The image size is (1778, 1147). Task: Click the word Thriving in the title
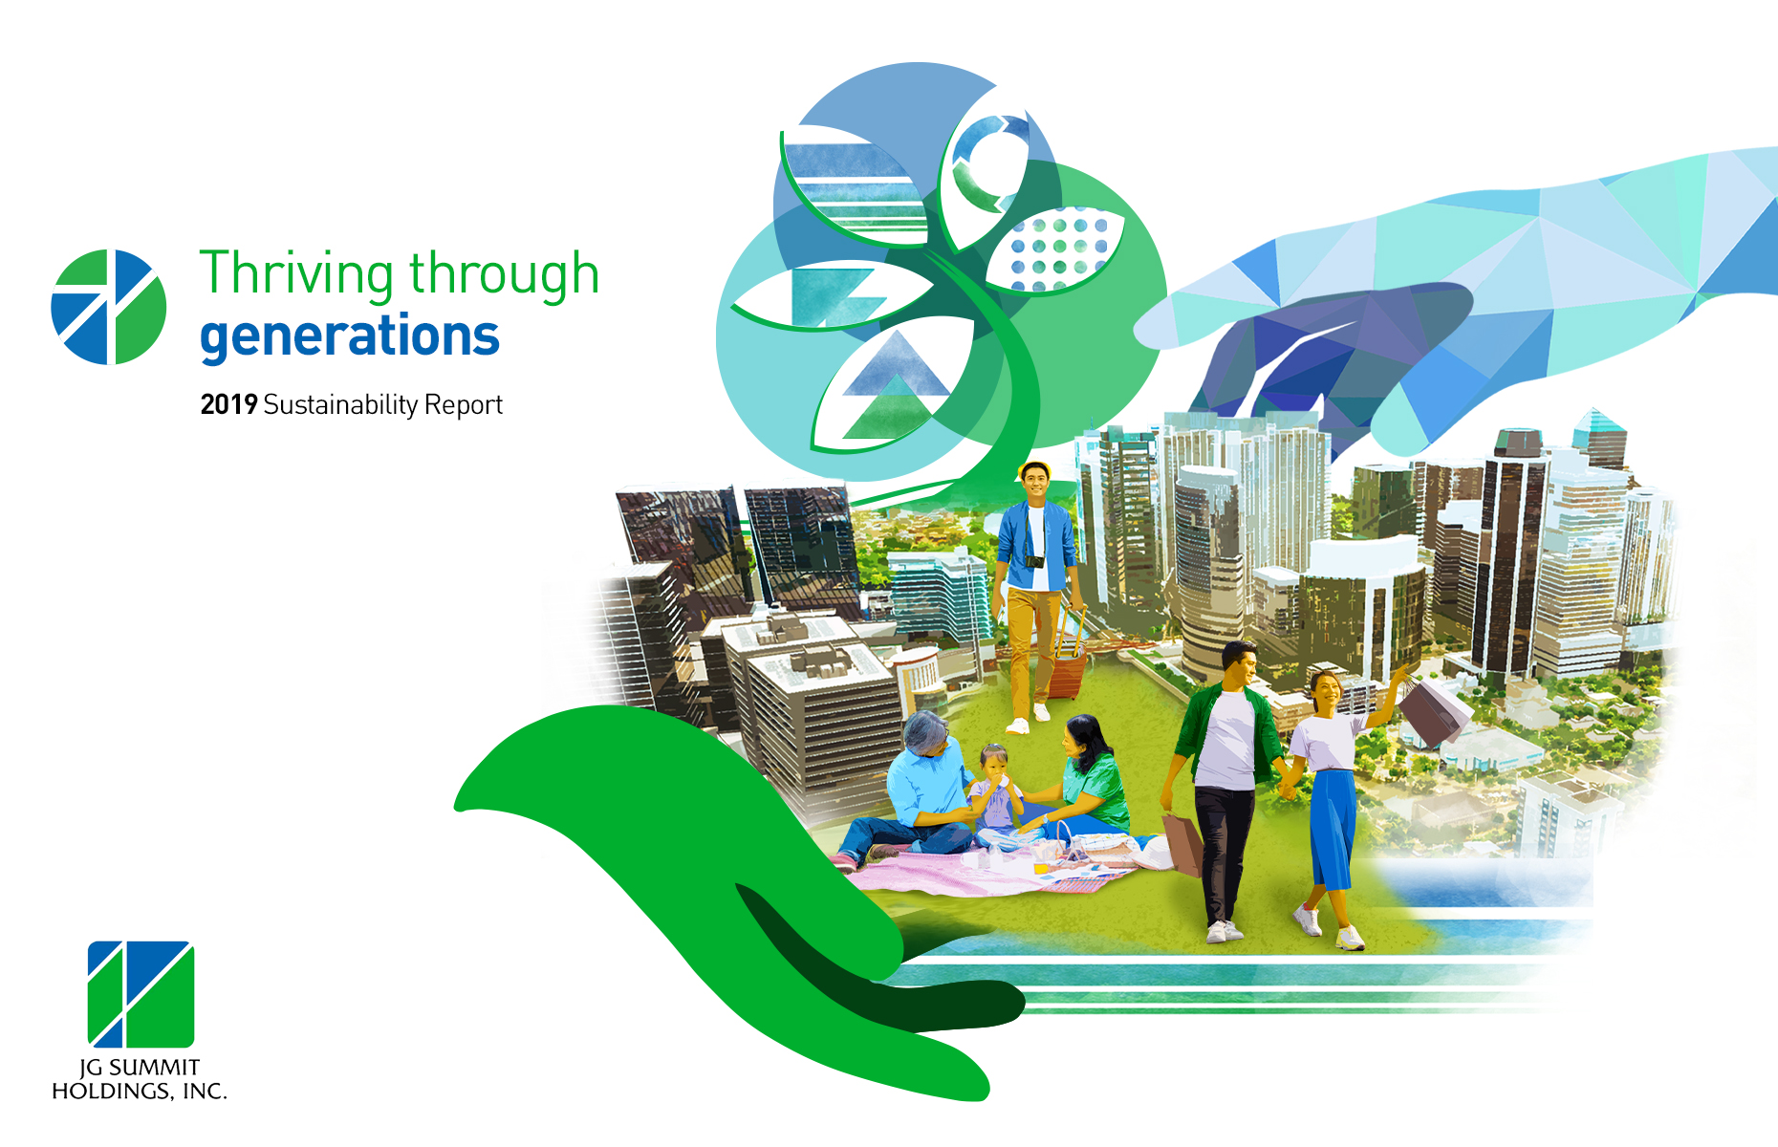click(x=296, y=274)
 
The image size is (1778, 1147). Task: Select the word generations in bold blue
click(x=350, y=336)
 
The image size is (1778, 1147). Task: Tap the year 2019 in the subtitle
click(x=228, y=404)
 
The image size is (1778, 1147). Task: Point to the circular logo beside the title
click(x=108, y=307)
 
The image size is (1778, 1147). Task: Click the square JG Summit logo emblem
click(x=141, y=994)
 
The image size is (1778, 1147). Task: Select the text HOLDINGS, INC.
click(x=140, y=1092)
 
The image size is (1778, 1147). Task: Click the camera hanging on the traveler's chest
click(x=1034, y=561)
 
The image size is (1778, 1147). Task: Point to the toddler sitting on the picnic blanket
click(x=994, y=793)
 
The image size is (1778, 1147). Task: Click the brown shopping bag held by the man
click(x=1182, y=842)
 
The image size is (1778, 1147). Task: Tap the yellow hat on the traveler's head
click(x=1035, y=467)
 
